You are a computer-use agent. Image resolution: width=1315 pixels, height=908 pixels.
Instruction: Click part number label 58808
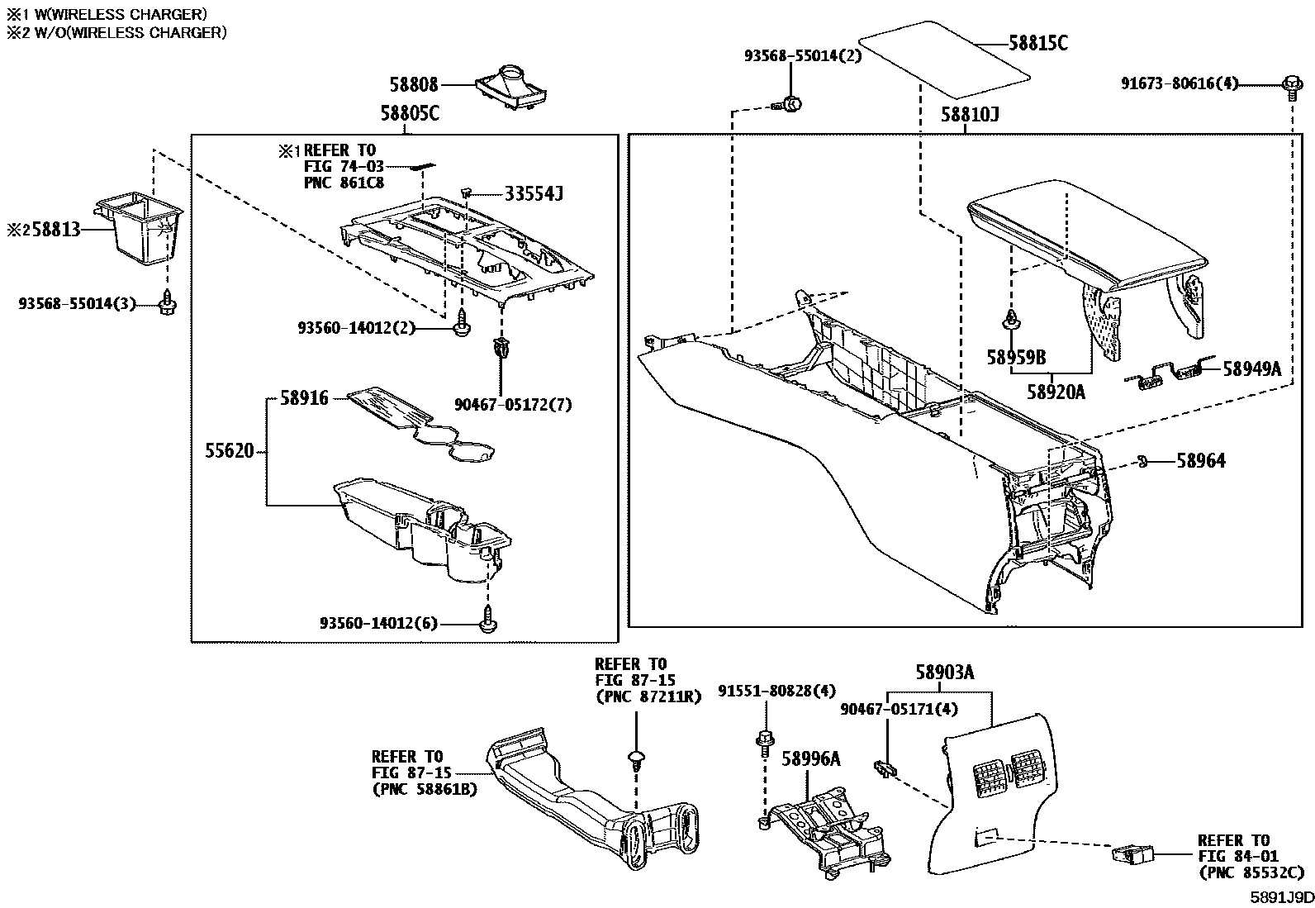coord(414,84)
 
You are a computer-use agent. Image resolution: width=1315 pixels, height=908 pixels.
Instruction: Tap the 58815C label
coord(1037,44)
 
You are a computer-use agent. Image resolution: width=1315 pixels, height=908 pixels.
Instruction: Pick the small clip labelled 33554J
coord(468,193)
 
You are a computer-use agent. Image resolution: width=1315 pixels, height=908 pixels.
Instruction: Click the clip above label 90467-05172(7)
coord(499,349)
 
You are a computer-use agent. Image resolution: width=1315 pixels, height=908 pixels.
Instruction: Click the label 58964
coord(1200,461)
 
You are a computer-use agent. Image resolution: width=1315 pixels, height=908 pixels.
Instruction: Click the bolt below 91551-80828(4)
coord(764,741)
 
